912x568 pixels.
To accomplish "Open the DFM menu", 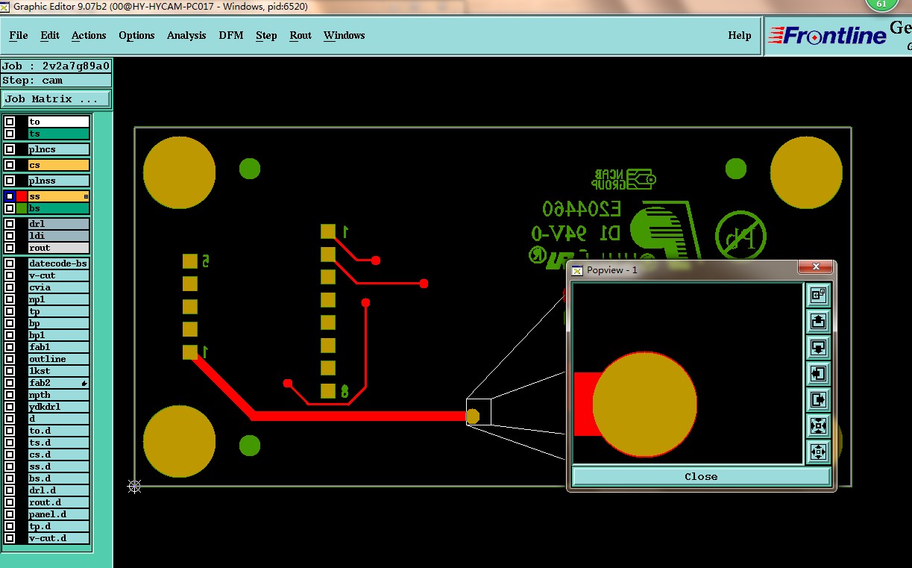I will [x=230, y=35].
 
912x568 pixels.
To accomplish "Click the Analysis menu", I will [x=186, y=35].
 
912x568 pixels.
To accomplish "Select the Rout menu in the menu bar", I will [x=301, y=35].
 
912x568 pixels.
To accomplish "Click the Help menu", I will [x=739, y=35].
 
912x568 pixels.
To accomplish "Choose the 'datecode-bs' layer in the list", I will [x=58, y=263].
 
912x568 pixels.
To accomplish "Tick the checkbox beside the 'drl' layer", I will [x=10, y=224].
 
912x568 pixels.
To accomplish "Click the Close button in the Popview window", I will [x=701, y=476].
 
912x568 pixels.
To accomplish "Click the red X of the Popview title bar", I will [x=816, y=267].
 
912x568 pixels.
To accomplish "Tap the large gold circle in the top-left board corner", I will [x=179, y=172].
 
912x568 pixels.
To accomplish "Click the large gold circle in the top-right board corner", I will [x=806, y=172].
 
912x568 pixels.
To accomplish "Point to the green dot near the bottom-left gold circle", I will [x=250, y=446].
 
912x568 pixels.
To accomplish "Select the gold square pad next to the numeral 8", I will [x=328, y=390].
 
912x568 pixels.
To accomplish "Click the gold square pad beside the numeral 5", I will [x=190, y=260].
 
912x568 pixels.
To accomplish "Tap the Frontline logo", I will [x=828, y=35].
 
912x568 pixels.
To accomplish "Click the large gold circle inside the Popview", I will [x=644, y=404].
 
